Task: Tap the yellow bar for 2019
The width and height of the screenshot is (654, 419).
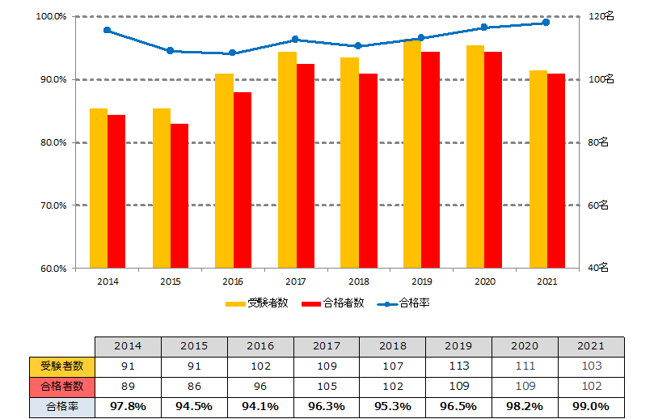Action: (x=411, y=154)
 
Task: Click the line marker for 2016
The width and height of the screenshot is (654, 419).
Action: (x=233, y=53)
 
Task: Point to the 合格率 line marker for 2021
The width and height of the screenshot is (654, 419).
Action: (x=546, y=23)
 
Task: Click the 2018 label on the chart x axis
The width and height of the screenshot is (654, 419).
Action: (x=358, y=281)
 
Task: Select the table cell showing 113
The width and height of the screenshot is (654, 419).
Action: (x=458, y=366)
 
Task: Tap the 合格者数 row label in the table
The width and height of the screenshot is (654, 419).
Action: (x=61, y=386)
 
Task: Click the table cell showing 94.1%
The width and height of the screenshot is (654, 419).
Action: (x=259, y=405)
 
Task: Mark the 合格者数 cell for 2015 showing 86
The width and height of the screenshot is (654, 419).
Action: (x=193, y=386)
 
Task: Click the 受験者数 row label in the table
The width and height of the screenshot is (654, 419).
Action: (x=61, y=366)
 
